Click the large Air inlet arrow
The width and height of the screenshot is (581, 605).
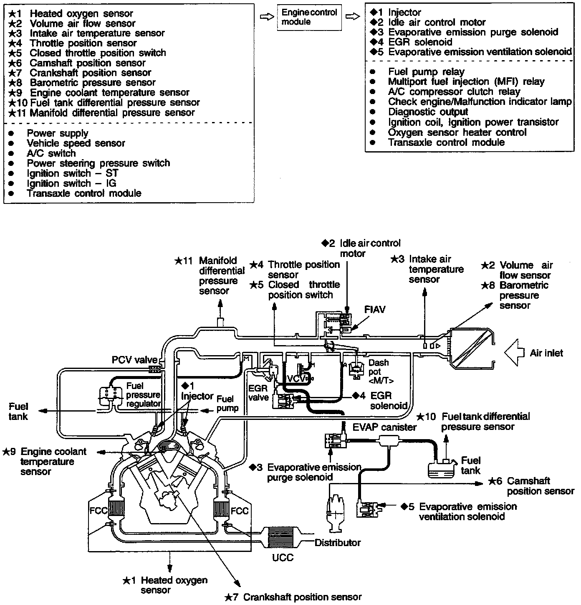click(514, 353)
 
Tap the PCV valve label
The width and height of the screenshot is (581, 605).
click(134, 360)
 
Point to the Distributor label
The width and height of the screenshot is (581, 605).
click(337, 543)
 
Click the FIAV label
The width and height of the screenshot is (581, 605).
click(375, 310)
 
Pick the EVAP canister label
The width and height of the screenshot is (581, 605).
click(384, 427)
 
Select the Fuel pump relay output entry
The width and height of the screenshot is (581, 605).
click(426, 72)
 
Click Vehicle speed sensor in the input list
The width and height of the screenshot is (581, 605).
click(76, 143)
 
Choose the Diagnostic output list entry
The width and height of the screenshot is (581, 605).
click(428, 112)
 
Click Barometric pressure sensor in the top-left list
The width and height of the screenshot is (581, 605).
click(92, 83)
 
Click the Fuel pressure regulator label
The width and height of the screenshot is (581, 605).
click(143, 395)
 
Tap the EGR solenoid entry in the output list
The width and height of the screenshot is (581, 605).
click(420, 42)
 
